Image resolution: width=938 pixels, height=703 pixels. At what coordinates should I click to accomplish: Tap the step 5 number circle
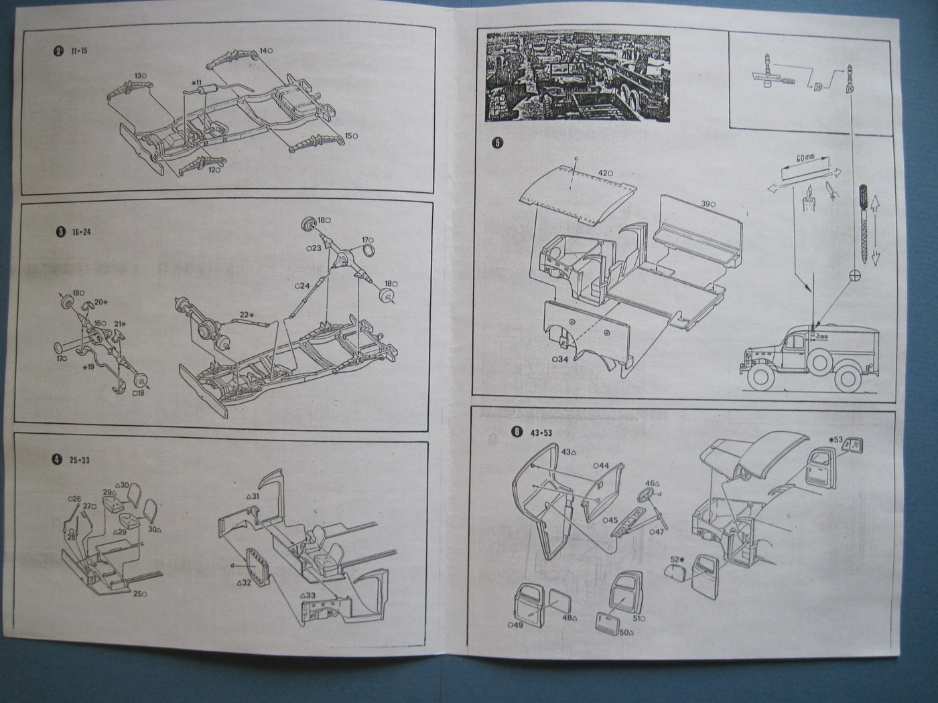coord(496,143)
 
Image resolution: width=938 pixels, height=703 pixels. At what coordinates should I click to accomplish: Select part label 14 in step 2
coord(266,50)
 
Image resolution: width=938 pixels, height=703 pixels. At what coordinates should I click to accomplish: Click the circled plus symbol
coord(854,275)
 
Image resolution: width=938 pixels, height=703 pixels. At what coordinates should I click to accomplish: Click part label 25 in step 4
coord(140,593)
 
